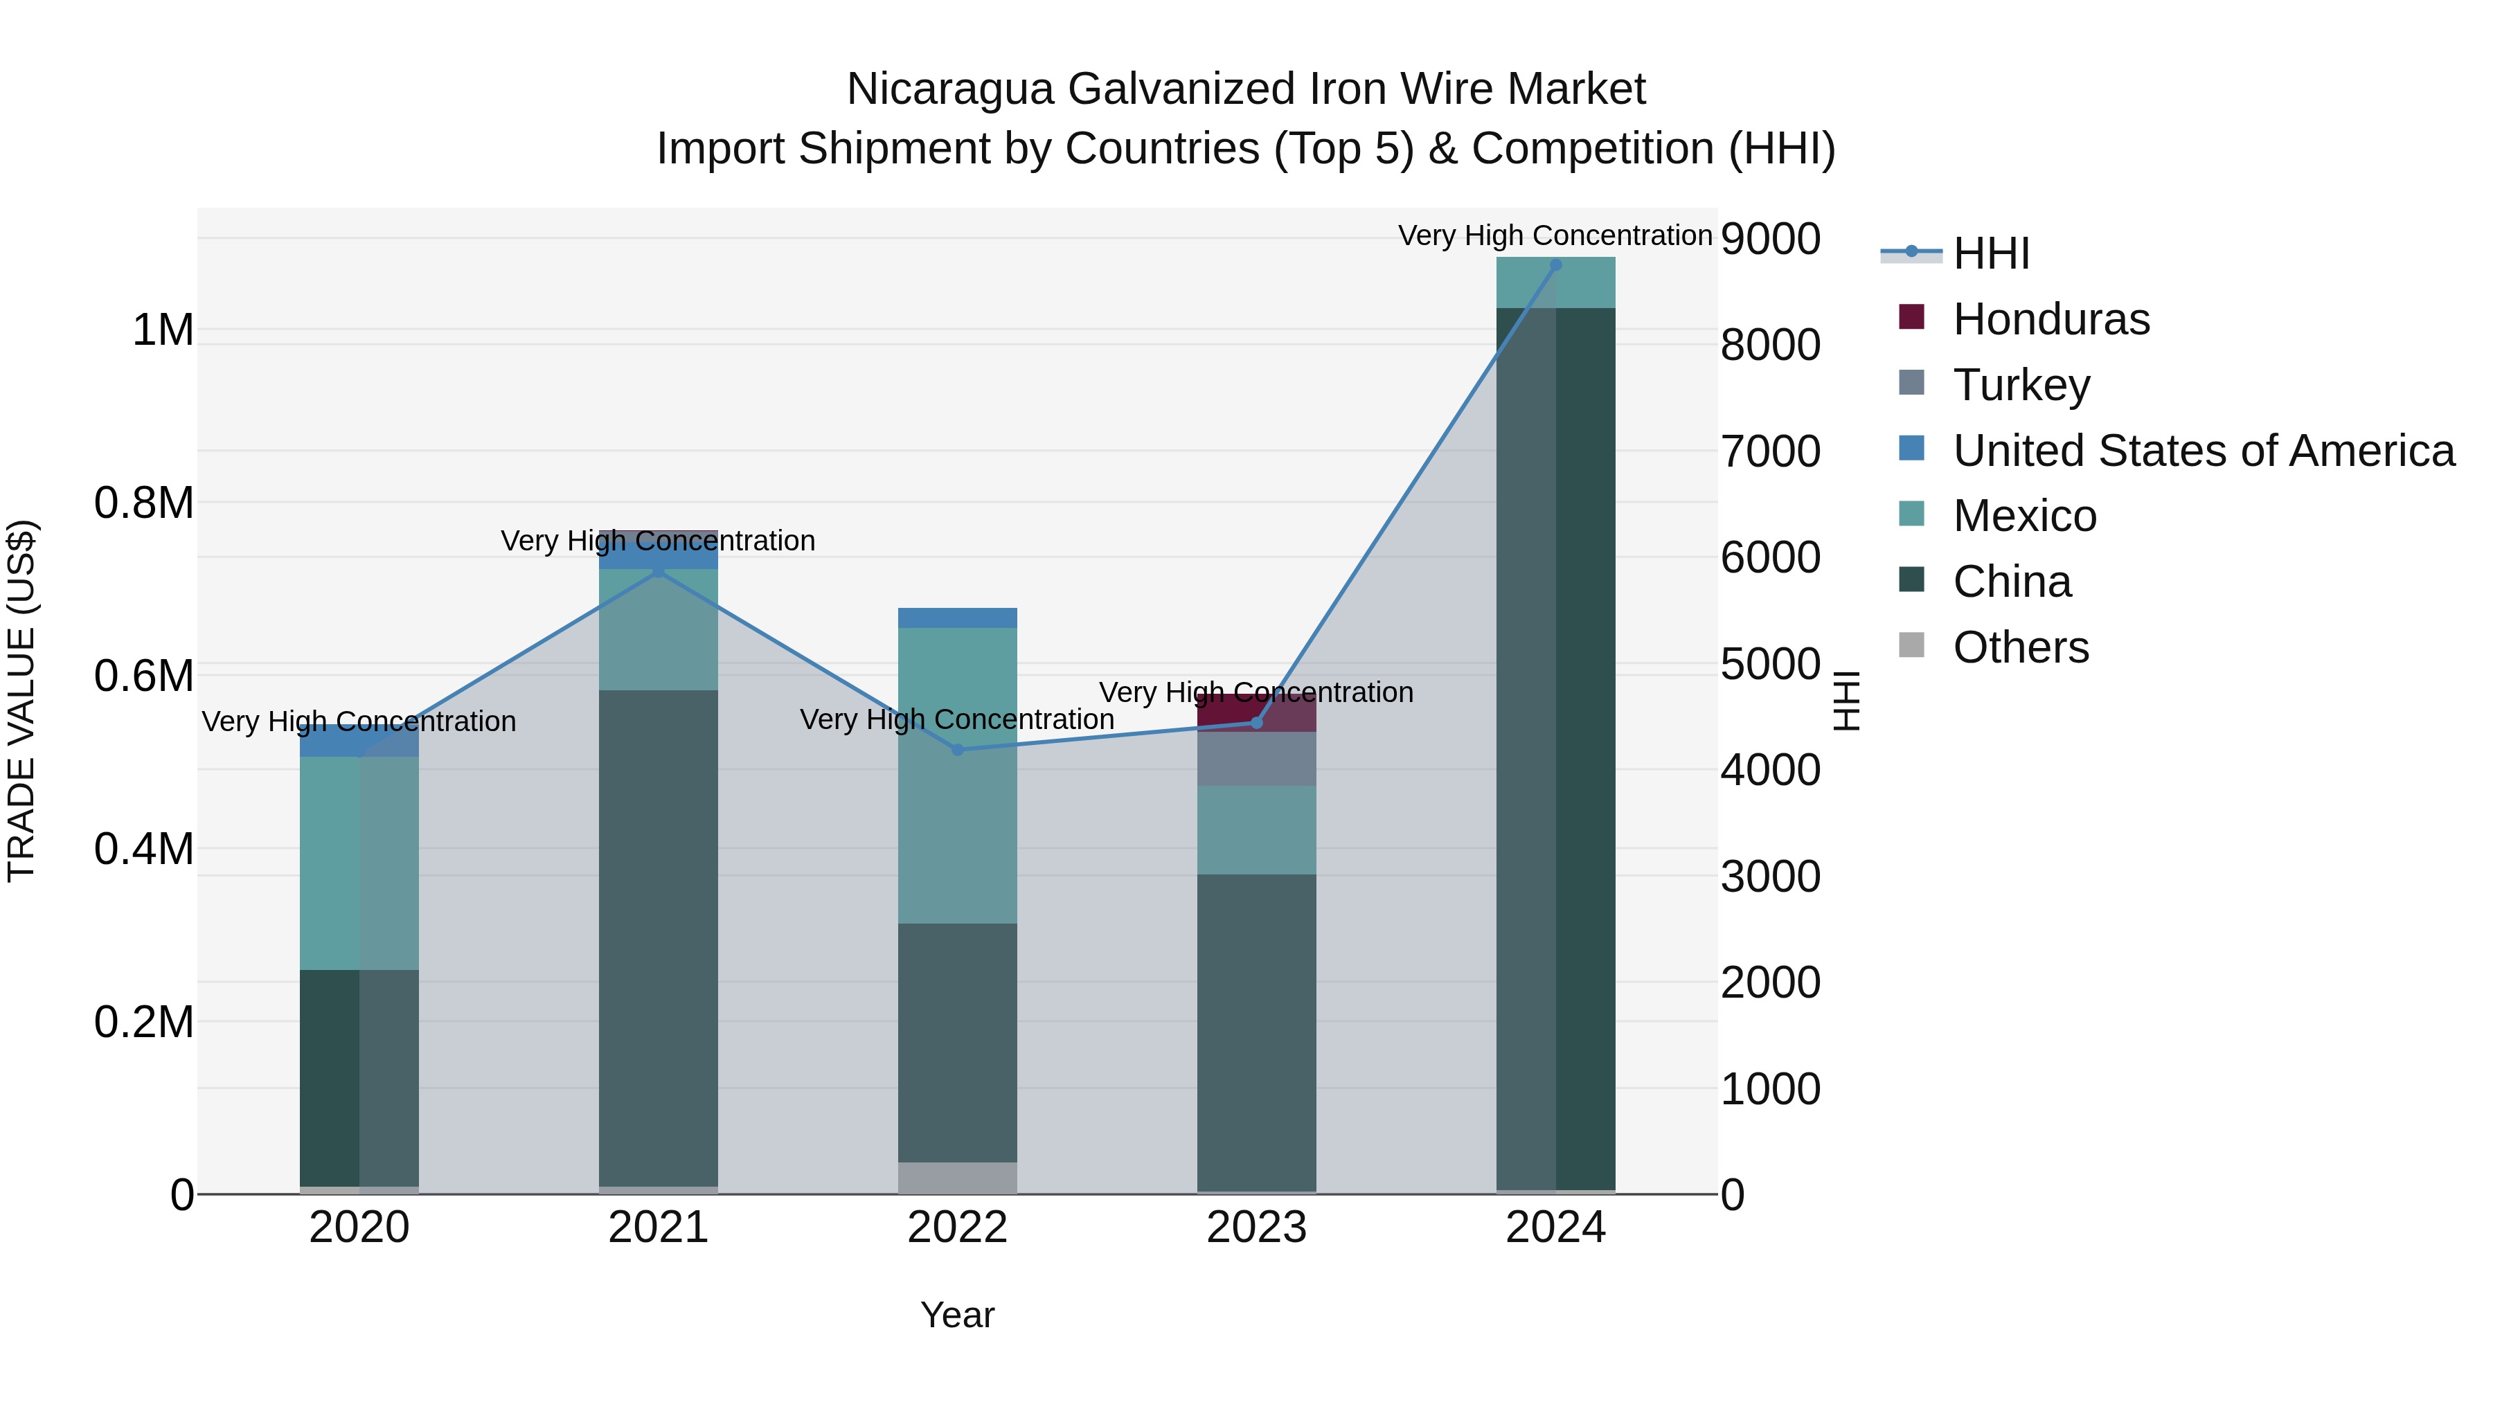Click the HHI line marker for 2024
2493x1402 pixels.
pos(1555,265)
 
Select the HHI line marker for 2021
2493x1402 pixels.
pos(658,572)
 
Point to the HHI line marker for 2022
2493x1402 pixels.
pos(957,750)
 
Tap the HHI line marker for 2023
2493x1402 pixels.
pos(1256,723)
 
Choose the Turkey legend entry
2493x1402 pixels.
pos(2021,385)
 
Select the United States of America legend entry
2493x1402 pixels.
pos(2203,451)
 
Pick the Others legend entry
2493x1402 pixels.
pos(2020,647)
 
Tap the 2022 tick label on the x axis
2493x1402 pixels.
pos(957,1228)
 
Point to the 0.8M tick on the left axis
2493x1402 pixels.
pos(143,503)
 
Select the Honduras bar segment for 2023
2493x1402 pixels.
pos(1256,712)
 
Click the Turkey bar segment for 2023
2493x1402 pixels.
pos(1256,759)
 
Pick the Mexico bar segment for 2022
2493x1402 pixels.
pos(957,775)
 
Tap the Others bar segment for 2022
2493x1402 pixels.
pos(957,1178)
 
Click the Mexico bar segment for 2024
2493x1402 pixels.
pos(1555,282)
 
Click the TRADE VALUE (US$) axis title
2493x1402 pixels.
pos(22,701)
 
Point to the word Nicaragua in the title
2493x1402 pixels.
pos(949,90)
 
